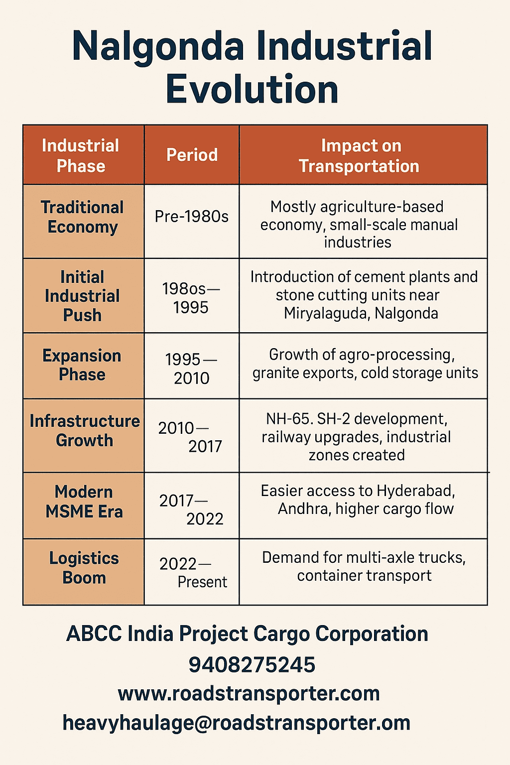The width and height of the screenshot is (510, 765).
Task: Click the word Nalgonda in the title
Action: [158, 46]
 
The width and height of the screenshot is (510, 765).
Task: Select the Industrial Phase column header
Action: [81, 155]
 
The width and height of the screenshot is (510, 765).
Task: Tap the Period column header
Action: [192, 155]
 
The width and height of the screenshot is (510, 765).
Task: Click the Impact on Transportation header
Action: [360, 155]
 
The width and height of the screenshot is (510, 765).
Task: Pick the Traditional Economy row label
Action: [82, 217]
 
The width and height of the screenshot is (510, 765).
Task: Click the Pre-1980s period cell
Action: [192, 217]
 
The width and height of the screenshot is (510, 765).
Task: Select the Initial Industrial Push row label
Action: [82, 296]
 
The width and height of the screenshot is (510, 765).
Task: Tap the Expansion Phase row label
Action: [82, 365]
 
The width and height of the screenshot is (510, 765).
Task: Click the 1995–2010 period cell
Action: [192, 369]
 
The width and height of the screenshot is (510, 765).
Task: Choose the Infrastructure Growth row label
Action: [84, 431]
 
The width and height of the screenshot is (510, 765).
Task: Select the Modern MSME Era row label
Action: [84, 502]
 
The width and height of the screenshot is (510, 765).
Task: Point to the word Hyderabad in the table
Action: [415, 491]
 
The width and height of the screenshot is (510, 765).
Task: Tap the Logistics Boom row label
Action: [84, 568]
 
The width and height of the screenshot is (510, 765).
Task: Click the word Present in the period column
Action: [202, 582]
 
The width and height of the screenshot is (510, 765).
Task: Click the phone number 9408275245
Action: [252, 665]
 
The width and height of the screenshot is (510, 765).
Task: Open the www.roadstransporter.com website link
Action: [249, 694]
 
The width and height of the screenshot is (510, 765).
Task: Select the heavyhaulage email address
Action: [237, 723]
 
